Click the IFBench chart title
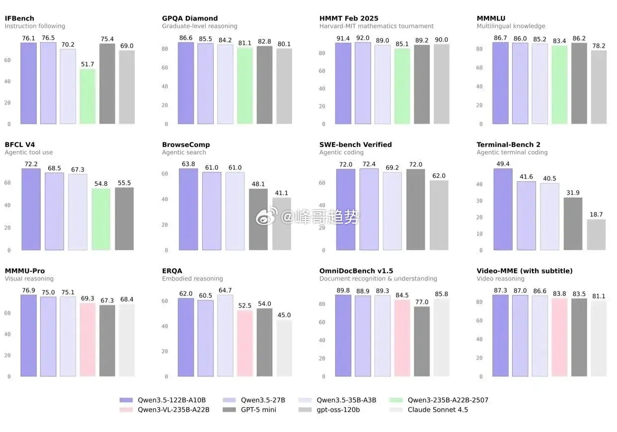pyautogui.click(x=19, y=18)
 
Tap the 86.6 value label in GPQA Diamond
pyautogui.click(x=186, y=38)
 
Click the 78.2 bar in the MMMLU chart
pyautogui.click(x=599, y=87)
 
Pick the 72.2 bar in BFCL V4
pyautogui.click(x=31, y=209)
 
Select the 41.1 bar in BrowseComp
pyautogui.click(x=282, y=223)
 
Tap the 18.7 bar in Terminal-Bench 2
pyautogui.click(x=596, y=234)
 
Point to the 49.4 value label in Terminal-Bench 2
pyautogui.click(x=503, y=164)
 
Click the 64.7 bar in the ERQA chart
pyautogui.click(x=225, y=335)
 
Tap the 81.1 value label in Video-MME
pyautogui.click(x=599, y=296)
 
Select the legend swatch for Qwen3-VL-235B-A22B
pyautogui.click(x=126, y=410)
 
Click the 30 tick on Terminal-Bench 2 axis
pyautogui.click(x=480, y=201)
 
